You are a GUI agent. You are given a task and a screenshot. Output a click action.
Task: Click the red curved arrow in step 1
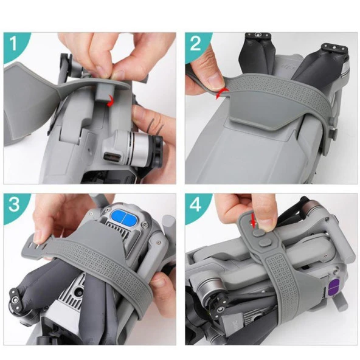tap(110, 101)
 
